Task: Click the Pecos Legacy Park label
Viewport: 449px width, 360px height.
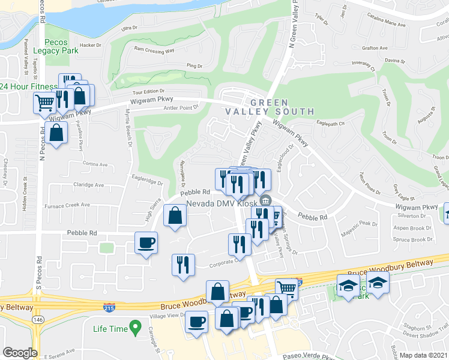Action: coord(60,46)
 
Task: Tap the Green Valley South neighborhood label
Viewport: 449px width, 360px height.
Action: coord(270,107)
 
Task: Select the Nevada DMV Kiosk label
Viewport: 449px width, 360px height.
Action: coord(221,204)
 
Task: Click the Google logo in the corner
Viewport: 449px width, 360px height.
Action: coord(20,352)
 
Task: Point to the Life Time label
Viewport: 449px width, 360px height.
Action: coord(110,329)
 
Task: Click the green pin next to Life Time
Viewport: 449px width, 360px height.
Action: coord(136,328)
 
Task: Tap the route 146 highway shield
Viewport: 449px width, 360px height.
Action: coord(38,320)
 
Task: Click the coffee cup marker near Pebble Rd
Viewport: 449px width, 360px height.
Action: coord(147,243)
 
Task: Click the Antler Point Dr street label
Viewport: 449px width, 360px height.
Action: coord(181,107)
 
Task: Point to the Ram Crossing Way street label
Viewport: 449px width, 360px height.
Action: coord(154,50)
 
